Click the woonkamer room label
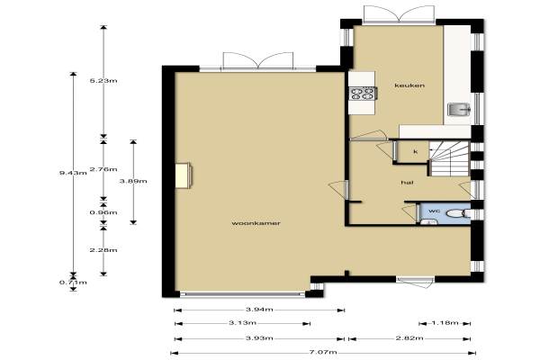256,223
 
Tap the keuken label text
409,85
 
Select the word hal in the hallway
407,182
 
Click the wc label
434,211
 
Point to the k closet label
416,151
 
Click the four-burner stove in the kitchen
363,94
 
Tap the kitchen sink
459,110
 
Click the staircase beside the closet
449,158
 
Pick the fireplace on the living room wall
184,175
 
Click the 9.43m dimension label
73,173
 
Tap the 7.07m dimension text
323,352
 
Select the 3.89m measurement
133,181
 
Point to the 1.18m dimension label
445,323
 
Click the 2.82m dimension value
409,338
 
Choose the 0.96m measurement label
103,212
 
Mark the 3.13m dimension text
242,323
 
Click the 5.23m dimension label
103,81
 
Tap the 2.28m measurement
103,250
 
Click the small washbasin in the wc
428,222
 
